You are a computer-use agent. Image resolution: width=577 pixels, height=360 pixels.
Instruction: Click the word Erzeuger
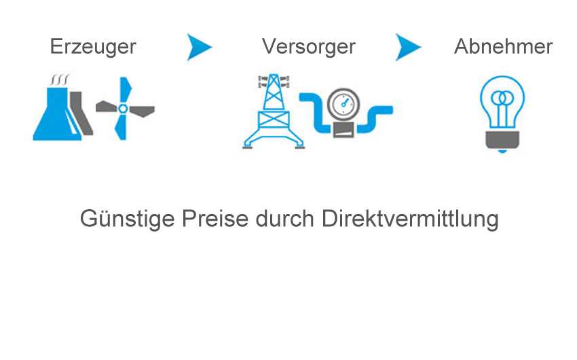coord(93,47)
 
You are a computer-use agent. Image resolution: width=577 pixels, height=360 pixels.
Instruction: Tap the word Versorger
coord(309,47)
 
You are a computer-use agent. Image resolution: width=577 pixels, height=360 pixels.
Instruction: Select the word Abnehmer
coord(504,46)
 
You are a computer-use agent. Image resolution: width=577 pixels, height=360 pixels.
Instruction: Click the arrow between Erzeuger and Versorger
coord(199,47)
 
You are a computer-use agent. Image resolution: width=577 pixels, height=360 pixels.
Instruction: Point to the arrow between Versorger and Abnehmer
coord(408,47)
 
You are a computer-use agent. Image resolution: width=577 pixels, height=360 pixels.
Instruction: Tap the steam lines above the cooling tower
coord(60,79)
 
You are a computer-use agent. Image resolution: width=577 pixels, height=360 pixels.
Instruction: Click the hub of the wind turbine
coord(123,109)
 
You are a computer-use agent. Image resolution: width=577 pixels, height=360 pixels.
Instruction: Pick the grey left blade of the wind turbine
coord(107,107)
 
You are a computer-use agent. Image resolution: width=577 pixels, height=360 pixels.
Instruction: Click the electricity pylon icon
coord(274,112)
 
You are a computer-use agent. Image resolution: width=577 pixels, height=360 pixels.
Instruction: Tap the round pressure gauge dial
coord(343,104)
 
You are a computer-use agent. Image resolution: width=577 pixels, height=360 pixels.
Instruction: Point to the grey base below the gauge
coord(343,130)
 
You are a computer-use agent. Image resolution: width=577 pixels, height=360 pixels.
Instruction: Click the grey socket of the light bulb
coord(502,140)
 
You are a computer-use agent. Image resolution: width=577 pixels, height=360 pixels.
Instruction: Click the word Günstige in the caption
coord(127,219)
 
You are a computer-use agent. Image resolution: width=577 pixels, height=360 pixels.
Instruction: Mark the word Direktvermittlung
coord(410,219)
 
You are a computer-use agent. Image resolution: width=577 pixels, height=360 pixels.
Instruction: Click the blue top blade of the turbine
coord(126,90)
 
